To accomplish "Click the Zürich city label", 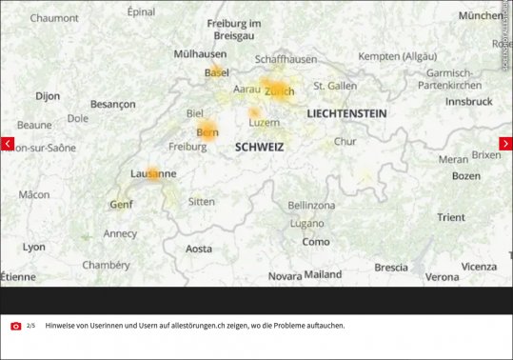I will [280, 91].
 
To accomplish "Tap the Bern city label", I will [207, 132].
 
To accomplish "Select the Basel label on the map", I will [217, 72].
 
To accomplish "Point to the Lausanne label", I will [153, 174].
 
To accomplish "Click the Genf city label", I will [121, 204].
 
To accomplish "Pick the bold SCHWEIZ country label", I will [260, 148].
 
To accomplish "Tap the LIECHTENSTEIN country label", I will [346, 113].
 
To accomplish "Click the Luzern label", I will [264, 123].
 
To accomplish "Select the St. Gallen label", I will [335, 86].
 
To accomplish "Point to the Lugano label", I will [306, 224].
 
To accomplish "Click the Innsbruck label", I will [468, 101].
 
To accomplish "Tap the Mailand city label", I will [323, 274].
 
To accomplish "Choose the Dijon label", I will [48, 96].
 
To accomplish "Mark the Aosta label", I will [199, 249].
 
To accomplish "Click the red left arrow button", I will [8, 144].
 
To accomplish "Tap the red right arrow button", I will [505, 144].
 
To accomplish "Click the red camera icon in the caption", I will [16, 326].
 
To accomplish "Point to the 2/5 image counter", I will [30, 326].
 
